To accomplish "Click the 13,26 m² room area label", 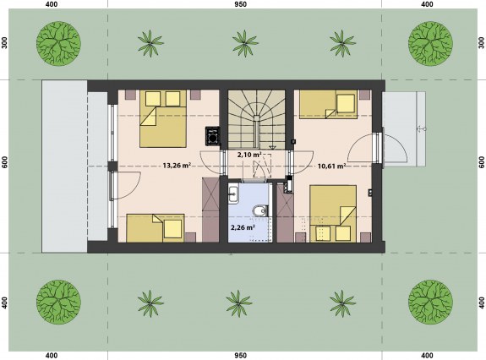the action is [177, 166].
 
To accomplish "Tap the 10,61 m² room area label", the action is [331, 166].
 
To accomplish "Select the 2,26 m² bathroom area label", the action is [243, 227].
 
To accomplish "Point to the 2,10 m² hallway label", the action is [249, 155].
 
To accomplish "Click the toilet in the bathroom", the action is [260, 211].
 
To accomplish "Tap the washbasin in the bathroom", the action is [233, 194].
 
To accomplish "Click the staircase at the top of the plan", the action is [257, 120].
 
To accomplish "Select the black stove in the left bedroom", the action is [213, 136].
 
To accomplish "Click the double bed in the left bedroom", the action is [163, 118].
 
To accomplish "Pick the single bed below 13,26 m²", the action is [156, 228].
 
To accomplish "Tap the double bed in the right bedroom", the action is [333, 214].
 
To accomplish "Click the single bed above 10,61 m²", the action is [329, 104].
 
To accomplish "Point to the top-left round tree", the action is [59, 43].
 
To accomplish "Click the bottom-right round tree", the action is [430, 303].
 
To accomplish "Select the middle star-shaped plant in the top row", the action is [245, 43].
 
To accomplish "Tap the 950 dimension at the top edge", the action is [241, 4].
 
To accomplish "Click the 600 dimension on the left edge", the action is [4, 162].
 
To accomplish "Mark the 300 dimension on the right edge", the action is [481, 43].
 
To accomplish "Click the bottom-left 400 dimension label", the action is [52, 356].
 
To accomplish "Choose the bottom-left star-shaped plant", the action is [150, 303].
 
